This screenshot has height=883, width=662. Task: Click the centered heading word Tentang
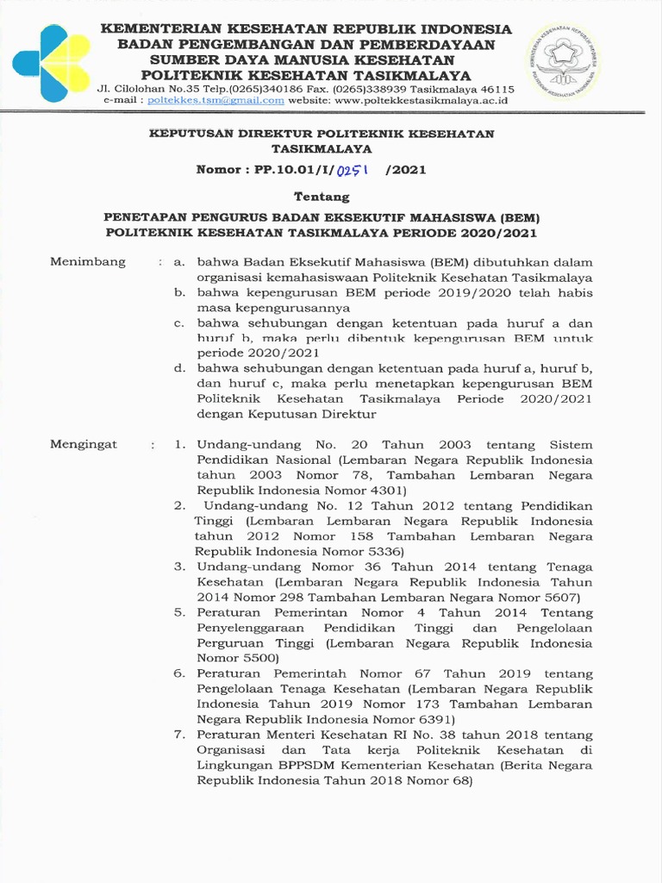322,197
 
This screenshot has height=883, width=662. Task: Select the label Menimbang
88,261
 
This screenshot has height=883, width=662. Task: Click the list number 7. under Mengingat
179,735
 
